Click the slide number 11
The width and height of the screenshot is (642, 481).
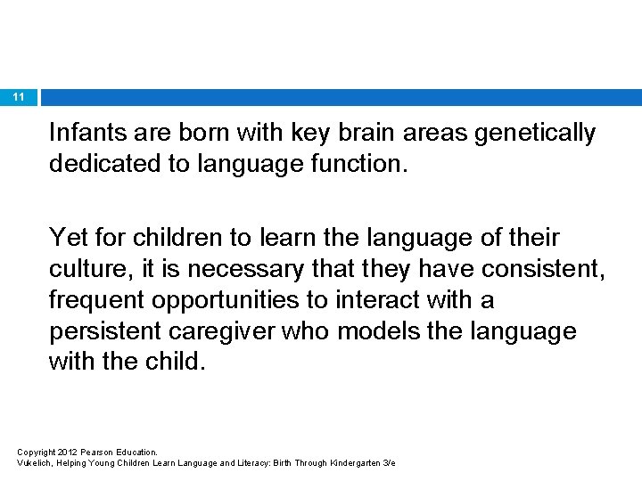pyautogui.click(x=19, y=97)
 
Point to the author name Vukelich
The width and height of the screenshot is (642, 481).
pyautogui.click(x=36, y=463)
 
